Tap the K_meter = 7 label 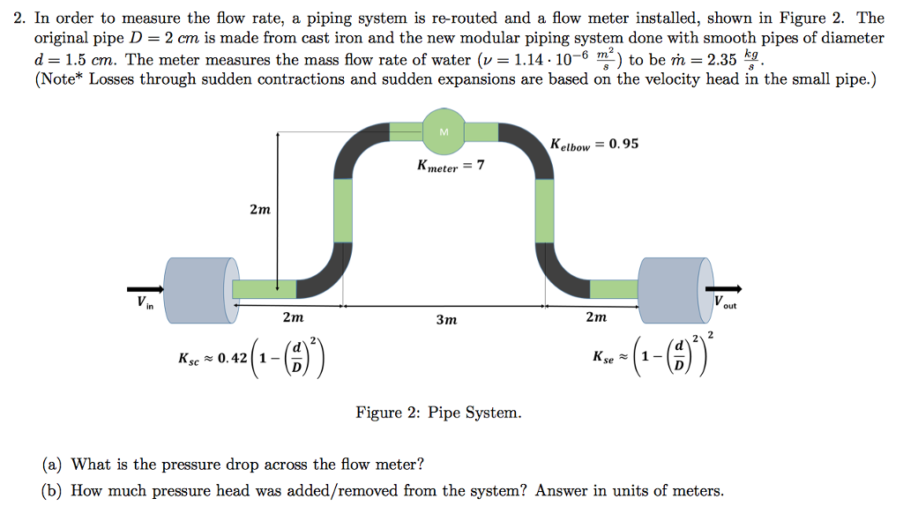[451, 166]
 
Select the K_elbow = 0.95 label [594, 144]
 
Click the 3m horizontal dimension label [446, 319]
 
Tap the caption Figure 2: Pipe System [438, 412]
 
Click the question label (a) [53, 464]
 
